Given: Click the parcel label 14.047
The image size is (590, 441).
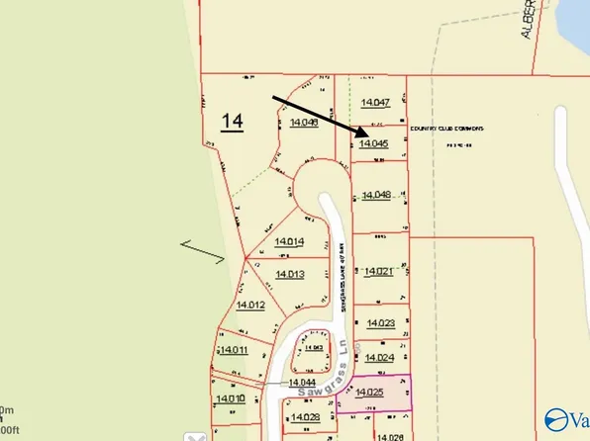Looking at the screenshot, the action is pos(376,103).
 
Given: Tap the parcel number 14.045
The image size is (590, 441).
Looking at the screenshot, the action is pos(373,143).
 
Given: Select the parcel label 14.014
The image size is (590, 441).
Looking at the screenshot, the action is pos(288,241).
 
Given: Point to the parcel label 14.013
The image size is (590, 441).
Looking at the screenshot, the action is pos(289,274).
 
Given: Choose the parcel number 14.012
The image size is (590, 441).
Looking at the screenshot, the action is pos(249,306).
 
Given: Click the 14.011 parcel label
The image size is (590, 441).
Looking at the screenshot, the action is pos(234,350).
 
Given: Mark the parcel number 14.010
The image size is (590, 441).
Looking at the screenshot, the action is pos(230,398).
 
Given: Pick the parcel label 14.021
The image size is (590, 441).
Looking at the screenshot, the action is pos(379,271).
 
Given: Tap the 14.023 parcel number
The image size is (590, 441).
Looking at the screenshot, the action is pos(381,323).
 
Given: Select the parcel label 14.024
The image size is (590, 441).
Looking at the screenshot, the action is pos(380,358).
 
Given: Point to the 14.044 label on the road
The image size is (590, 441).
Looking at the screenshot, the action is pos(302,382).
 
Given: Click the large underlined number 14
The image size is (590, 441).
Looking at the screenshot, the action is pos(232,122).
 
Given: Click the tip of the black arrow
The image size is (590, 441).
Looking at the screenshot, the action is pos(366,134).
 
